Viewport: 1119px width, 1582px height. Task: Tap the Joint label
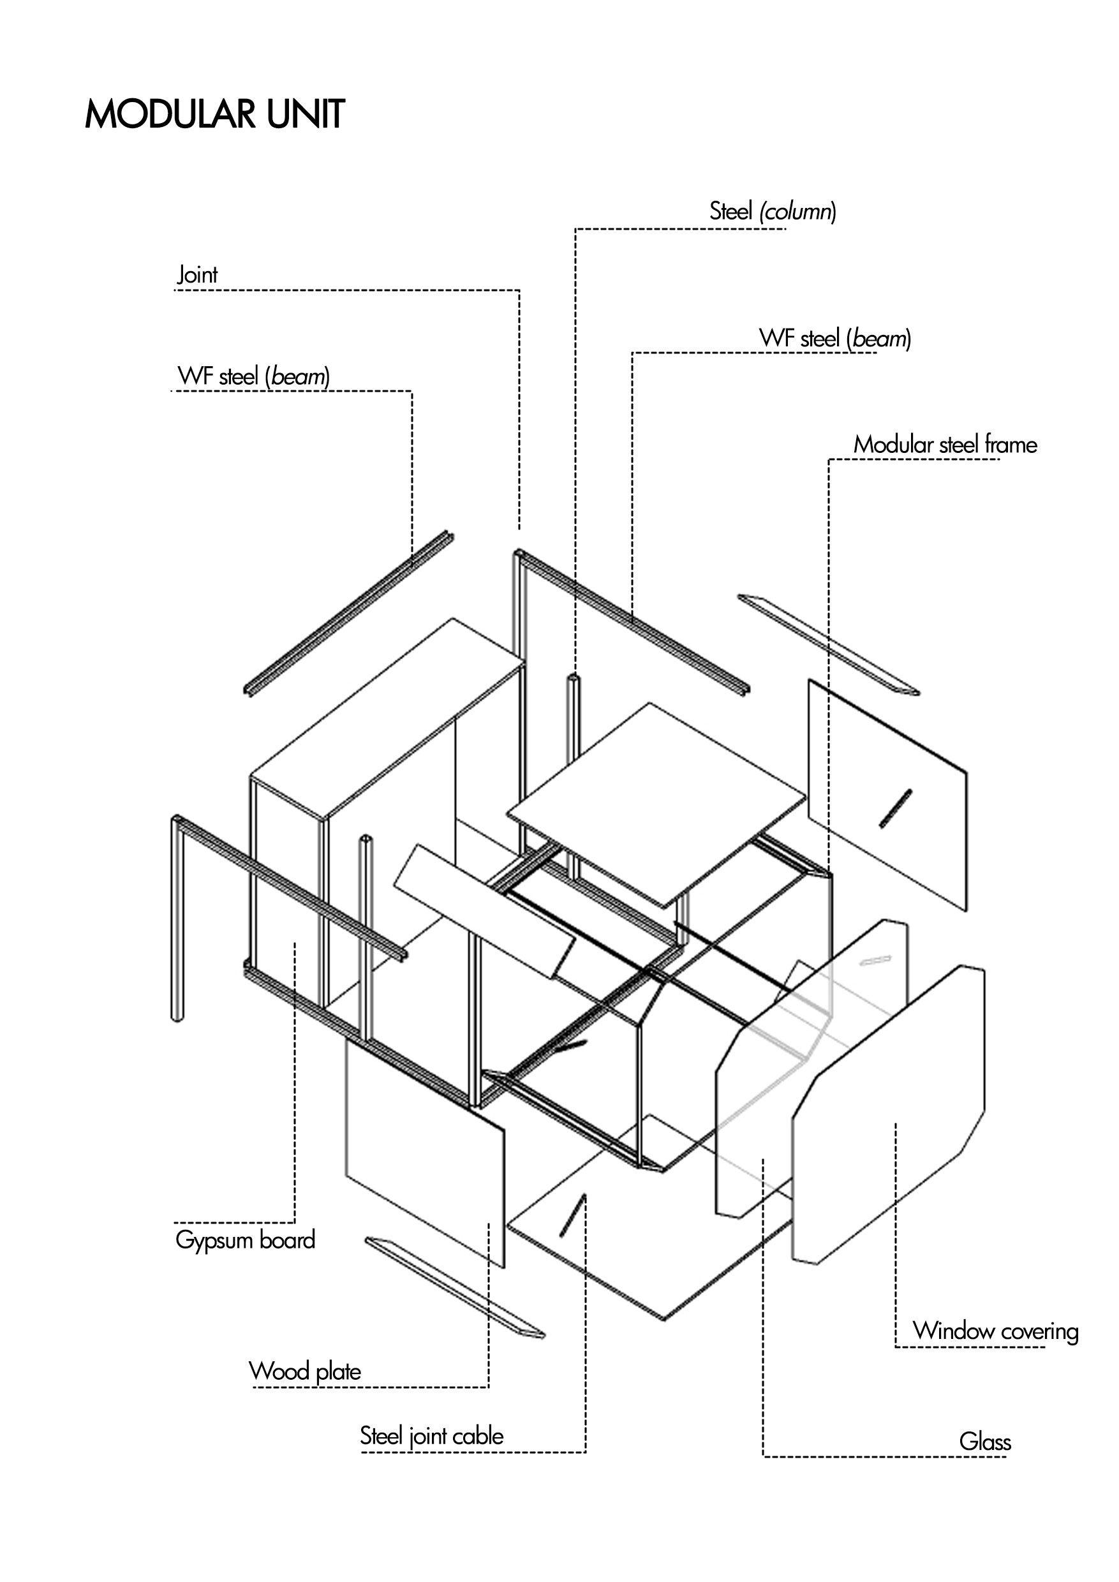[197, 275]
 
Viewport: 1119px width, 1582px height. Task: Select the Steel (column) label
[773, 211]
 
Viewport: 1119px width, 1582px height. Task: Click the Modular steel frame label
[945, 445]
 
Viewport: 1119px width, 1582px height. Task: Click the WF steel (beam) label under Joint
[253, 376]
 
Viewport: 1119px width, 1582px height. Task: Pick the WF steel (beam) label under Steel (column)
[834, 338]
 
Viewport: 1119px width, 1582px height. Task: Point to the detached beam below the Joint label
[350, 612]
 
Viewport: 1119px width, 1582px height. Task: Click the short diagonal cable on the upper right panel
[895, 808]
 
